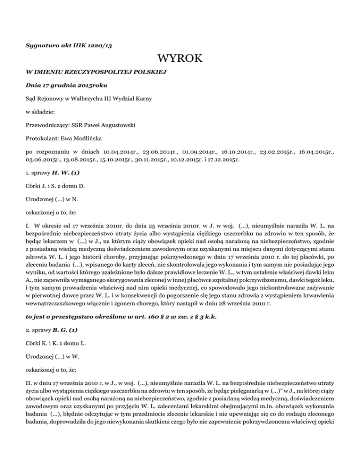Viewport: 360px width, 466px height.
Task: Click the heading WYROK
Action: click(x=180, y=59)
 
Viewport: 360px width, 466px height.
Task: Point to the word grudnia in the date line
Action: click(x=59, y=86)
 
